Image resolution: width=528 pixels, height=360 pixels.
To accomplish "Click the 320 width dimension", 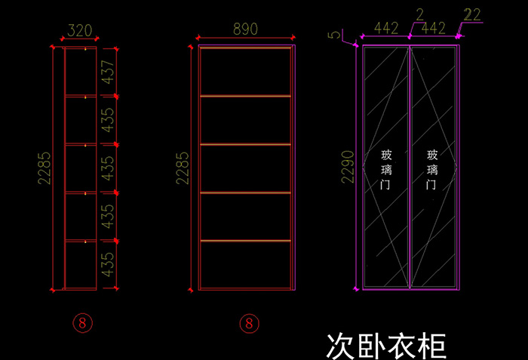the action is [x=80, y=31].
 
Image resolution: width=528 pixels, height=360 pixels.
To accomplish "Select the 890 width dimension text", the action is [x=245, y=29].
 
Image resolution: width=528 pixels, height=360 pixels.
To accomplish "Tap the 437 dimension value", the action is [x=108, y=72].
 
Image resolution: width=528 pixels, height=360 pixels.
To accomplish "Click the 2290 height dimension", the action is [x=348, y=167].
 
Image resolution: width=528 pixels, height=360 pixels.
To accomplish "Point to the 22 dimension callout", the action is [x=472, y=15].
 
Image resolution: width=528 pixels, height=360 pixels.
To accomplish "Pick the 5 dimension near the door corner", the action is [x=334, y=35].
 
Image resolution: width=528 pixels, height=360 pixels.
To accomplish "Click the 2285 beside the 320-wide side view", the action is [x=44, y=168].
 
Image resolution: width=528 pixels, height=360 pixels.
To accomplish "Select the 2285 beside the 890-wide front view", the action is [x=183, y=168].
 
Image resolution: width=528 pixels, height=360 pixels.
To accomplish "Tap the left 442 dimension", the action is [x=386, y=29].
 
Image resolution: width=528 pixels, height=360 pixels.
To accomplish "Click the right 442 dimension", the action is [x=434, y=29].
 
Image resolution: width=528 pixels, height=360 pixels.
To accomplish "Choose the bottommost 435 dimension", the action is [x=108, y=265].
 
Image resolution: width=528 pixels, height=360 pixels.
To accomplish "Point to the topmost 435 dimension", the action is [x=108, y=120].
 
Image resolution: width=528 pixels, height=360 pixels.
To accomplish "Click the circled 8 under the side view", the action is [x=82, y=323].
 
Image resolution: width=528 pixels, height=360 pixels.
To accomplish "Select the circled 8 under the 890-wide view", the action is [x=249, y=324].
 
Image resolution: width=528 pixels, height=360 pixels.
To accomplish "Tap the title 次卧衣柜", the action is [x=386, y=346].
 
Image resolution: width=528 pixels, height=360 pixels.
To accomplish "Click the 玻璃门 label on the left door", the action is [x=386, y=170].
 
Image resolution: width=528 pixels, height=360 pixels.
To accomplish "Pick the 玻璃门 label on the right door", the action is [x=432, y=170].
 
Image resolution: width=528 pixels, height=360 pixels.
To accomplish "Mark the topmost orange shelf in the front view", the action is [x=245, y=48].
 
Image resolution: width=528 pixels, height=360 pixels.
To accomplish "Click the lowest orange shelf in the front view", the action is [x=245, y=241].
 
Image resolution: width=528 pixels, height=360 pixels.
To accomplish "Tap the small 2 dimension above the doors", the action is [x=420, y=15].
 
